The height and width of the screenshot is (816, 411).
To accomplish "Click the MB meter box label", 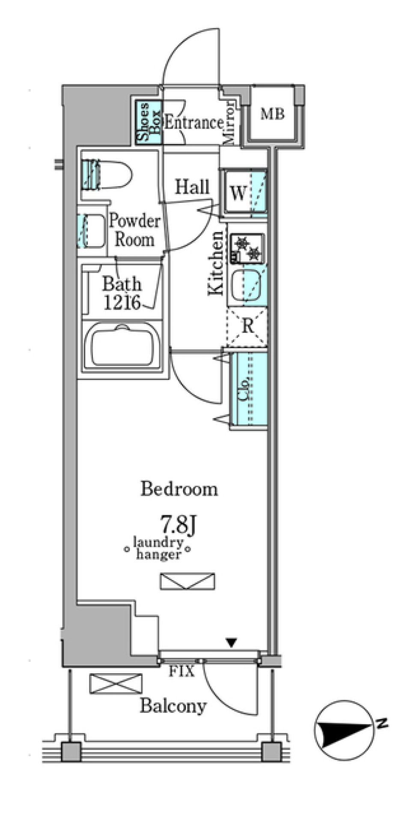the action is click(x=273, y=114).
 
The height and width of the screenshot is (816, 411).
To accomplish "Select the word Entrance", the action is click(x=194, y=123).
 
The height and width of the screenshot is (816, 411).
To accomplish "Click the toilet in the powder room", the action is click(x=106, y=175).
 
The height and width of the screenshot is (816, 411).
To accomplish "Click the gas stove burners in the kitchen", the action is click(x=247, y=248).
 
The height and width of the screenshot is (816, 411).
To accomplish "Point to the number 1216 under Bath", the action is click(x=122, y=302).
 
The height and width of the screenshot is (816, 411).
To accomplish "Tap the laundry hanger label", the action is click(x=158, y=548).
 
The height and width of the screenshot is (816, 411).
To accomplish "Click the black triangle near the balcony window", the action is click(x=232, y=643).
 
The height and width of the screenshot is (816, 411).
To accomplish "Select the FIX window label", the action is click(x=181, y=671).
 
